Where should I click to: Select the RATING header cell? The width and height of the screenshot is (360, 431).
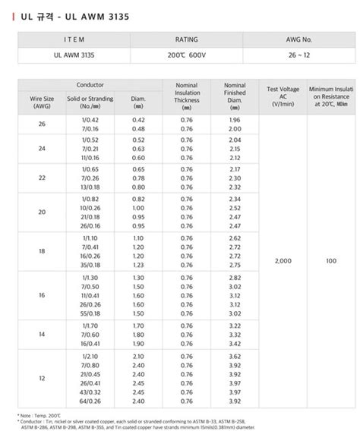click(x=187, y=38)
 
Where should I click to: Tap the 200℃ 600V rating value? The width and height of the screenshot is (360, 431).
click(x=187, y=55)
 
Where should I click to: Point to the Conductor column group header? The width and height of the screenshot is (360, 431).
click(x=90, y=86)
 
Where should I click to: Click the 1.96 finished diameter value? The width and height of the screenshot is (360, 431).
click(x=235, y=120)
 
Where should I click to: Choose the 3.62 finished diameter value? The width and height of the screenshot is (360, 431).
click(x=235, y=356)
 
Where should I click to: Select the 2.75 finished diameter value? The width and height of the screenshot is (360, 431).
click(x=235, y=266)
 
